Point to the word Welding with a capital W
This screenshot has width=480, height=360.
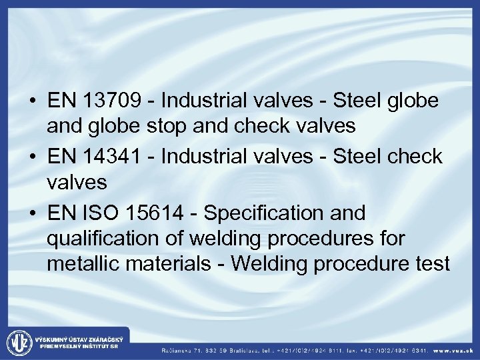(271, 264)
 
